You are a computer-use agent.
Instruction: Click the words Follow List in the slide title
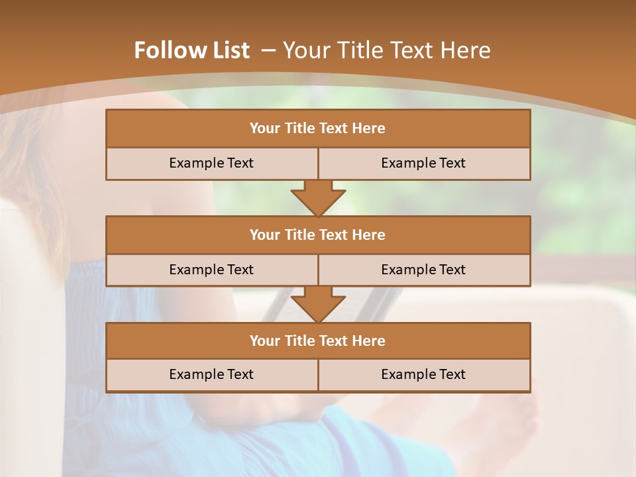[191, 50]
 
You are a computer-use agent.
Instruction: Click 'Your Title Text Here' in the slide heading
[387, 50]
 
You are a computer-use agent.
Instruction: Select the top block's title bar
[318, 129]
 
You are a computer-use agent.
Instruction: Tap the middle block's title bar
[318, 235]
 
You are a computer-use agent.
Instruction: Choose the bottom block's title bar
[318, 341]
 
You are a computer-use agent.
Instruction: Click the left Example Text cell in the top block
[211, 163]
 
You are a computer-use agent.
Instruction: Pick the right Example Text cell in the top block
[423, 163]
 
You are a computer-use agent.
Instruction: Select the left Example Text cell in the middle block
[211, 270]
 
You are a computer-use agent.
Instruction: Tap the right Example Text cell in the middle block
[423, 270]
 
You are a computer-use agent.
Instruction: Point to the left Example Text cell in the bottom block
[211, 374]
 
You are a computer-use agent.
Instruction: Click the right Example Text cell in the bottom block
[423, 374]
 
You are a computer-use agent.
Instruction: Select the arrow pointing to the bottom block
[318, 304]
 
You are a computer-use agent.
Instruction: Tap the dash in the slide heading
[268, 50]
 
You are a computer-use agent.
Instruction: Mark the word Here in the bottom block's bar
[369, 341]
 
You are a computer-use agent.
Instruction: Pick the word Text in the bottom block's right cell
[452, 374]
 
